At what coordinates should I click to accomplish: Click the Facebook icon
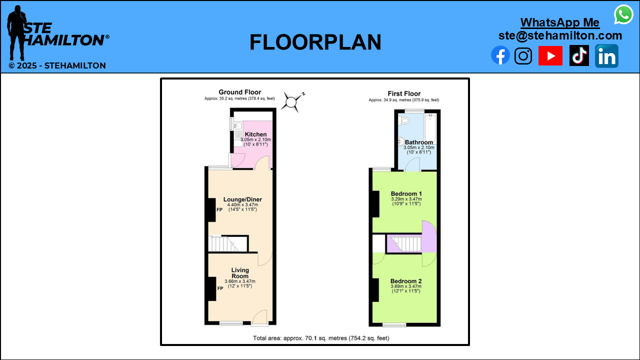(x=500, y=55)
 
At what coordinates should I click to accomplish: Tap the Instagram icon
(x=523, y=55)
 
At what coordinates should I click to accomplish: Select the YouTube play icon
(x=550, y=55)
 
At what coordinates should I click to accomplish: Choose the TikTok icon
(x=579, y=55)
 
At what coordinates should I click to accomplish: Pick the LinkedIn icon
(x=606, y=56)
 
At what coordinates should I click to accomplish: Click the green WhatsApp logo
(x=623, y=14)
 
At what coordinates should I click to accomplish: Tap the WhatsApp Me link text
(x=560, y=22)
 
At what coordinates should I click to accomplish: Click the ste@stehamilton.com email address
(x=560, y=35)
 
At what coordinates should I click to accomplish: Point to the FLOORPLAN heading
(x=315, y=42)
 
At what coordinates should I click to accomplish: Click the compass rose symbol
(x=291, y=102)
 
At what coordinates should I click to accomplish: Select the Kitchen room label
(x=255, y=134)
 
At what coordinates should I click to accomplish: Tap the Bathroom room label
(x=419, y=142)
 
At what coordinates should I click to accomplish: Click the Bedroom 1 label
(x=406, y=193)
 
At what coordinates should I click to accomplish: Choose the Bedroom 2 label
(x=406, y=281)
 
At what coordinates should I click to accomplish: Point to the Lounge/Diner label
(x=242, y=199)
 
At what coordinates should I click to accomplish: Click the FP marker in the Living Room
(x=220, y=288)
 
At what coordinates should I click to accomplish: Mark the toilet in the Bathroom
(x=403, y=120)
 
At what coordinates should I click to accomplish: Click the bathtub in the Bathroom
(x=430, y=129)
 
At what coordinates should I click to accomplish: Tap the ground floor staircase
(x=227, y=243)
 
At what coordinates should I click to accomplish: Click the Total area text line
(x=321, y=338)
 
